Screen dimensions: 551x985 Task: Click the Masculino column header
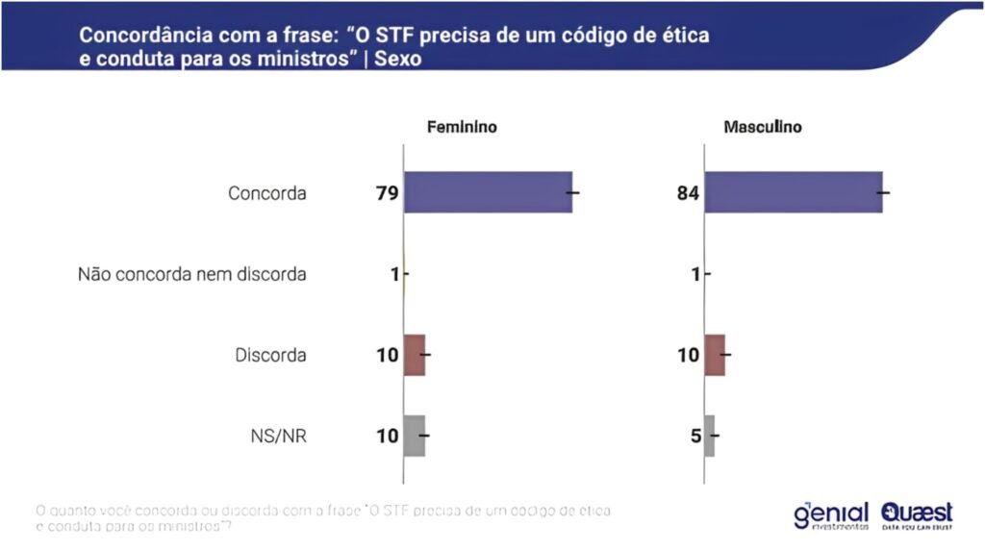pyautogui.click(x=762, y=127)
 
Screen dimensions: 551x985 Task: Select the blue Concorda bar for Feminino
pyautogui.click(x=488, y=192)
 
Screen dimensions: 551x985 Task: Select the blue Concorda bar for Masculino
pyautogui.click(x=794, y=192)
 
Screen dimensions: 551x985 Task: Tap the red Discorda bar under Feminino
pyautogui.click(x=415, y=355)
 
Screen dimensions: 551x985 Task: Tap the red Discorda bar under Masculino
pyautogui.click(x=715, y=355)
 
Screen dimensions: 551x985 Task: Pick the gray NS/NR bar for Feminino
pyautogui.click(x=415, y=436)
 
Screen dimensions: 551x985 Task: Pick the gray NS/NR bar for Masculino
pyautogui.click(x=710, y=436)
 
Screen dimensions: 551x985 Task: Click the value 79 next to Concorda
pyautogui.click(x=387, y=193)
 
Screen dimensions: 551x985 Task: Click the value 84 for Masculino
pyautogui.click(x=689, y=193)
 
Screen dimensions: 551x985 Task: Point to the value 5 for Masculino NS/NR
pyautogui.click(x=695, y=437)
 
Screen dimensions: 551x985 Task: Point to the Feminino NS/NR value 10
pyautogui.click(x=387, y=437)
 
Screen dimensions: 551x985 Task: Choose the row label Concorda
pyautogui.click(x=267, y=193)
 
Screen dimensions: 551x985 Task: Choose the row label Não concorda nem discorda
pyautogui.click(x=192, y=275)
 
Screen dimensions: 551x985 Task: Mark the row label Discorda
pyautogui.click(x=271, y=356)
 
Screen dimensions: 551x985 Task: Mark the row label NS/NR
pyautogui.click(x=278, y=437)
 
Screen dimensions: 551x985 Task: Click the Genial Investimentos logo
pyautogui.click(x=831, y=514)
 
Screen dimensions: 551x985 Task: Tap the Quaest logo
pyautogui.click(x=916, y=514)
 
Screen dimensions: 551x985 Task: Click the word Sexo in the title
pyautogui.click(x=398, y=59)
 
